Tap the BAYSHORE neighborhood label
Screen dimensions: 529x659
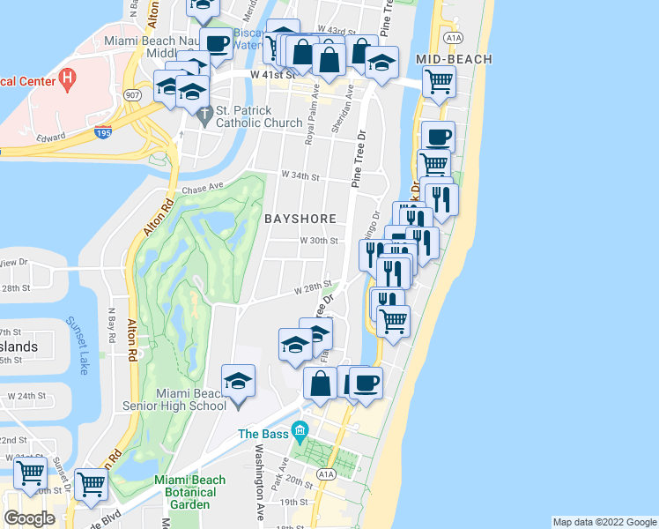[299, 216]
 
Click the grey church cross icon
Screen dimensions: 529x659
[204, 113]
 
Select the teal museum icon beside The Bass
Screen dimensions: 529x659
[300, 434]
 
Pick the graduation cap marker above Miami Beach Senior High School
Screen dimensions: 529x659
[237, 381]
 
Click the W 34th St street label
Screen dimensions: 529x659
[298, 176]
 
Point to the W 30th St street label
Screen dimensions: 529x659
[318, 240]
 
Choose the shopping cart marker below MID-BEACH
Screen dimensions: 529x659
[439, 83]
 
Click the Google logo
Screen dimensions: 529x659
[29, 518]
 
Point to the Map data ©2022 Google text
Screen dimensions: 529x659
[603, 522]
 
